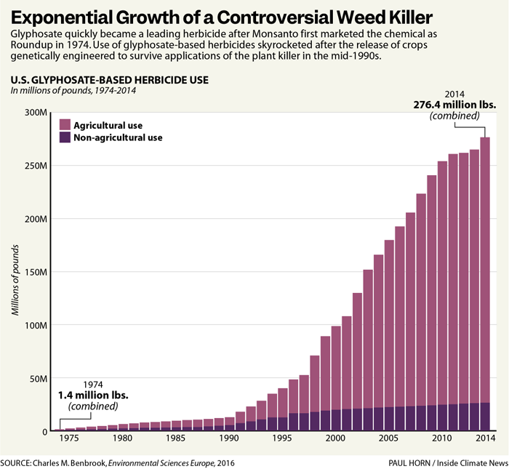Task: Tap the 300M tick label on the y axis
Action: click(34, 113)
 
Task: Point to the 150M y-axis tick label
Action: click(34, 272)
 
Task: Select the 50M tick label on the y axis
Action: click(36, 378)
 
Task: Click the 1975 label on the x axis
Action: click(69, 438)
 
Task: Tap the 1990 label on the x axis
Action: click(228, 438)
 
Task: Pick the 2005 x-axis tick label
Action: click(388, 438)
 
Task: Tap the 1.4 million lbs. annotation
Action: click(93, 396)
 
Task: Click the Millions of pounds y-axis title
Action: click(15, 280)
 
